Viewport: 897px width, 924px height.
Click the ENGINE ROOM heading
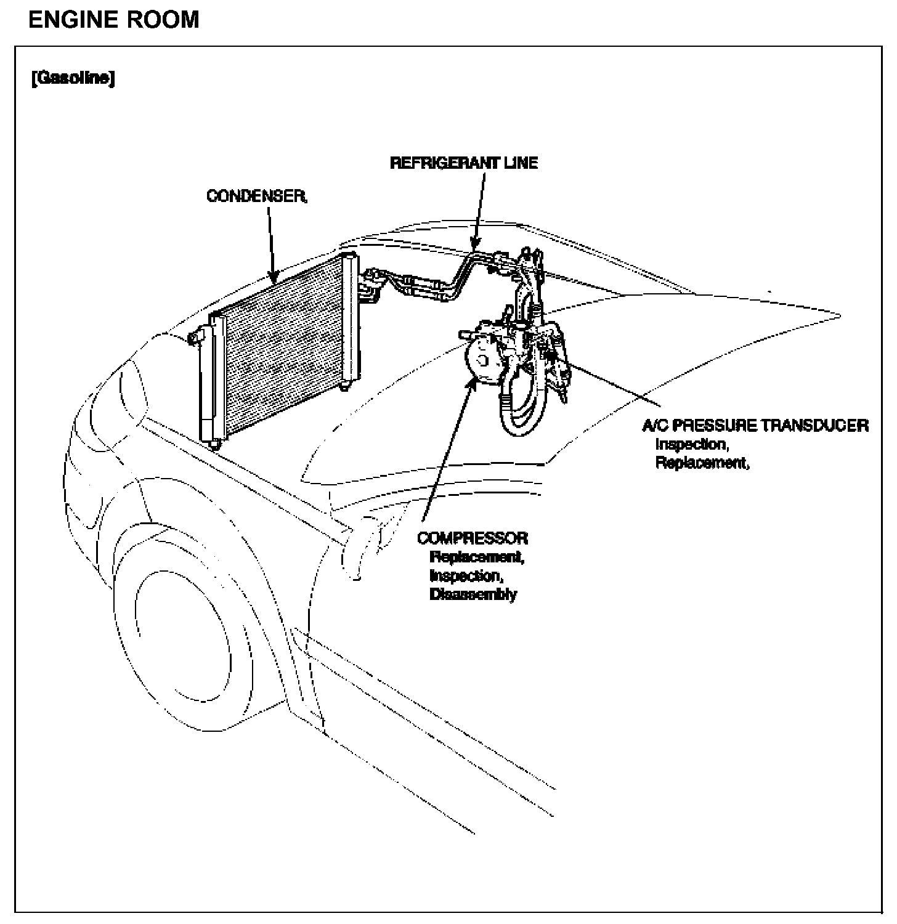click(114, 20)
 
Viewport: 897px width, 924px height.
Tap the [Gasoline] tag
click(73, 79)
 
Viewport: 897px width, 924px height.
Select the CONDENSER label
click(256, 196)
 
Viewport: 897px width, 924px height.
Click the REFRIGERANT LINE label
click(464, 163)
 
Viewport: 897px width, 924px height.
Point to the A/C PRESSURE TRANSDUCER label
click(755, 425)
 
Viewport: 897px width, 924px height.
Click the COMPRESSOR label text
click(473, 538)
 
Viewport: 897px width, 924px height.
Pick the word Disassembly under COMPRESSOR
click(473, 594)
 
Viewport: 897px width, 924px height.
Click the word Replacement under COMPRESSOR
click(477, 557)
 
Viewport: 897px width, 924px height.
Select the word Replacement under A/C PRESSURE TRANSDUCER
click(702, 463)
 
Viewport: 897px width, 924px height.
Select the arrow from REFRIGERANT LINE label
click(479, 209)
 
